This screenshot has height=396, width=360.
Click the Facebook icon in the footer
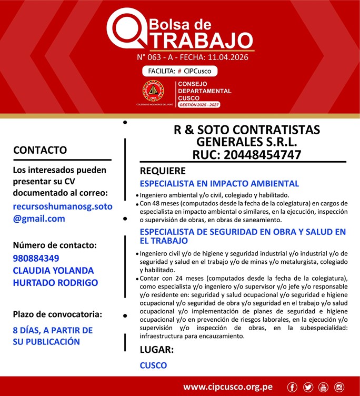tap(293, 387)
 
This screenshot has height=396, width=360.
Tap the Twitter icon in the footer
tap(308, 387)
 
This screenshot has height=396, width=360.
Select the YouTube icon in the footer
tap(324, 387)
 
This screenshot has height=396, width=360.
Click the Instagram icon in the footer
tap(339, 387)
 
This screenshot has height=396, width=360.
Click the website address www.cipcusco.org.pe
tap(228, 387)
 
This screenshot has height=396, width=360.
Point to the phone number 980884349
tap(36, 258)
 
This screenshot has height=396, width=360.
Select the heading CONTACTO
tap(40, 150)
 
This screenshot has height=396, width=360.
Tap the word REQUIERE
tap(163, 171)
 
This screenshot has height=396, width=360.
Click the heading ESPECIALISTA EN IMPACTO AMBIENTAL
tap(219, 184)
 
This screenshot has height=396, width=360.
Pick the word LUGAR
tap(156, 349)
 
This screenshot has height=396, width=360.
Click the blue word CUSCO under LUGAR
tap(153, 365)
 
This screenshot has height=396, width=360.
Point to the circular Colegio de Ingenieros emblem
tap(153, 91)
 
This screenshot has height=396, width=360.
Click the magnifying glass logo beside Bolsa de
tap(124, 30)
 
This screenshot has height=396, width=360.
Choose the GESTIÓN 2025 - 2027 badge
tap(199, 105)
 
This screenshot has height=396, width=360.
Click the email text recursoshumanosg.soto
tap(63, 206)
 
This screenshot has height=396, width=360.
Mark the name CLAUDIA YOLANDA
tap(53, 270)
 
